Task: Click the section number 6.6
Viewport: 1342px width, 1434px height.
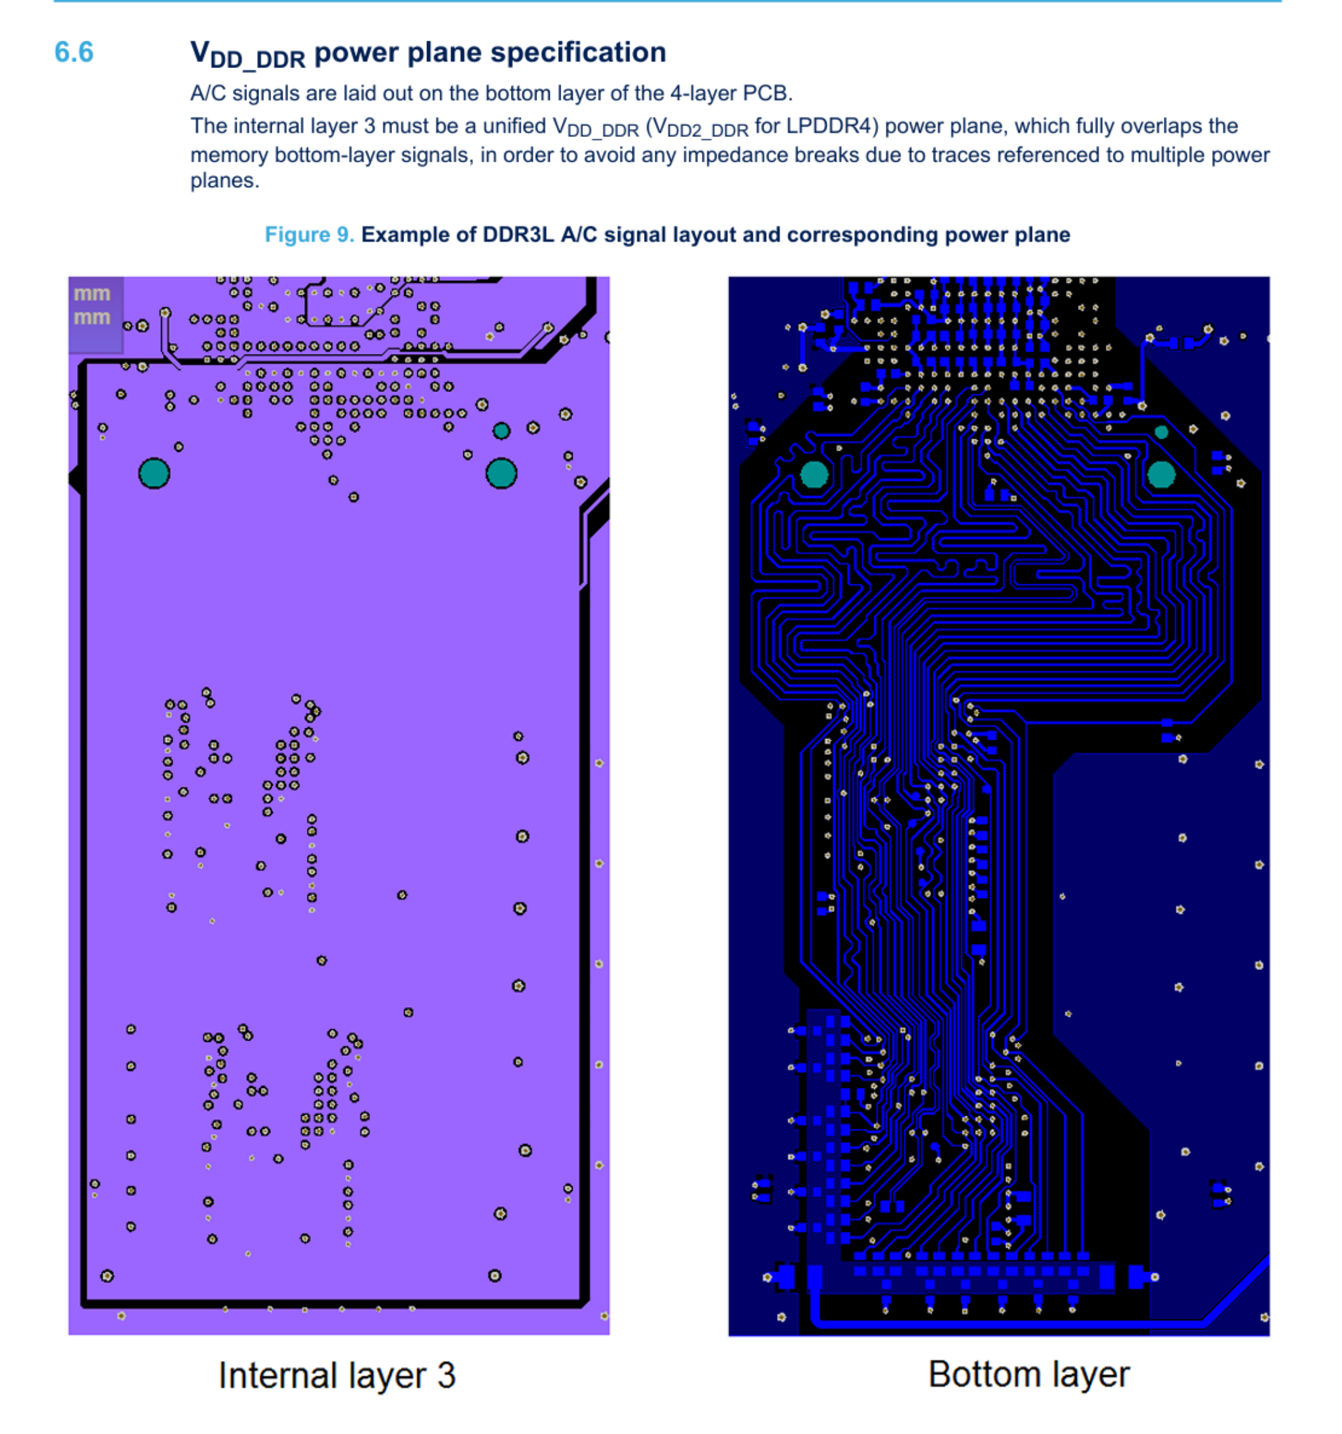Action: pyautogui.click(x=74, y=52)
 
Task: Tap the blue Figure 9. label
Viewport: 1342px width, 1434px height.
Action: pyautogui.click(x=309, y=234)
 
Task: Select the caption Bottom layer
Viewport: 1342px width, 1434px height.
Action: pyautogui.click(x=1028, y=1374)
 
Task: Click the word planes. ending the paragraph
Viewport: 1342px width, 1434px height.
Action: pyautogui.click(x=224, y=180)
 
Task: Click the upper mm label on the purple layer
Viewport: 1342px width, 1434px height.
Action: pyautogui.click(x=92, y=293)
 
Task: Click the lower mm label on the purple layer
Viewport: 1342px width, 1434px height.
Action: pyautogui.click(x=92, y=318)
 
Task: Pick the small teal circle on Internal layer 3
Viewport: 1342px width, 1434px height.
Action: pyautogui.click(x=501, y=432)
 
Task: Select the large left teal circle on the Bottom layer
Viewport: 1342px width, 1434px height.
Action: pyautogui.click(x=814, y=475)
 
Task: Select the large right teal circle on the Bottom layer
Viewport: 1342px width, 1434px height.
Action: pyautogui.click(x=1161, y=475)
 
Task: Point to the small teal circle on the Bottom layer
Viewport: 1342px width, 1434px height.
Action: pyautogui.click(x=1161, y=432)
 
